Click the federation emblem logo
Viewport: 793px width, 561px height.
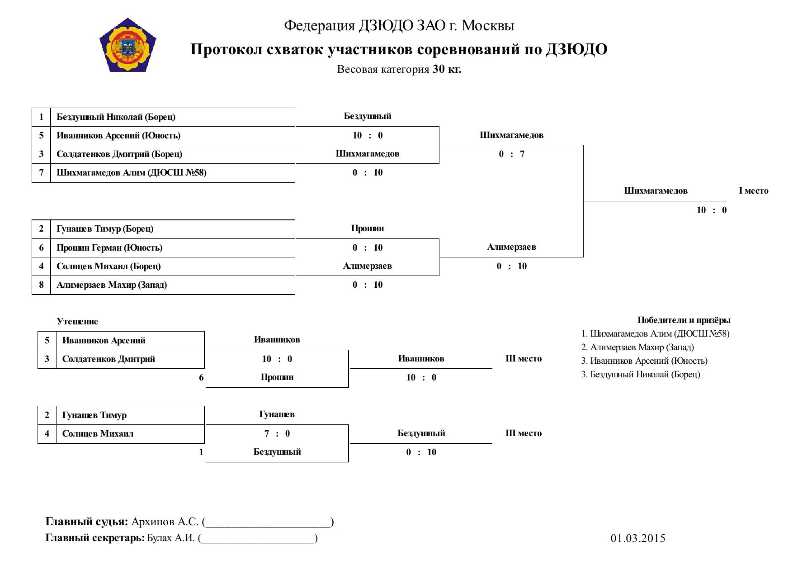pyautogui.click(x=128, y=45)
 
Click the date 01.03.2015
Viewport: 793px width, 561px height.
pyautogui.click(x=638, y=538)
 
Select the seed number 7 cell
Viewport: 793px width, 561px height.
pyautogui.click(x=41, y=173)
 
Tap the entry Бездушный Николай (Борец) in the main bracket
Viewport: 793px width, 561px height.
pyautogui.click(x=116, y=117)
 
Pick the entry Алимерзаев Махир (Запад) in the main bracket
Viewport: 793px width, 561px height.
pyautogui.click(x=112, y=285)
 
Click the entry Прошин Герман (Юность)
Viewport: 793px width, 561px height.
pyautogui.click(x=109, y=248)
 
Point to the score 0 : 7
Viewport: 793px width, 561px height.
pyautogui.click(x=512, y=154)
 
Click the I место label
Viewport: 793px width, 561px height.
pyautogui.click(x=754, y=191)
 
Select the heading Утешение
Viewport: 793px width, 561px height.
pyautogui.click(x=77, y=322)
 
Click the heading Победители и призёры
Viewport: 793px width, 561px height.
pyautogui.click(x=684, y=320)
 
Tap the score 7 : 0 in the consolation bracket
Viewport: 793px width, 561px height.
pyautogui.click(x=277, y=434)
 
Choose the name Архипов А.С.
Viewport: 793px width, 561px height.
pyautogui.click(x=165, y=522)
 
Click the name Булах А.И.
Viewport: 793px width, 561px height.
pyautogui.click(x=171, y=538)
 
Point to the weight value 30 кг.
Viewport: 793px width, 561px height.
pyautogui.click(x=447, y=69)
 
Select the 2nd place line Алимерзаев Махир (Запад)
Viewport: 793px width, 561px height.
pyautogui.click(x=637, y=347)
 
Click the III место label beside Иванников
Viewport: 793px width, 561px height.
pyautogui.click(x=524, y=359)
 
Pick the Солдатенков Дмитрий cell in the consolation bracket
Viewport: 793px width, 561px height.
pyautogui.click(x=109, y=359)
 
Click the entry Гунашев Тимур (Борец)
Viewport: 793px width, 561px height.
pyautogui.click(x=105, y=229)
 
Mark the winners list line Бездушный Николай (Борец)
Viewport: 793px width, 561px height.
pyautogui.click(x=641, y=375)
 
